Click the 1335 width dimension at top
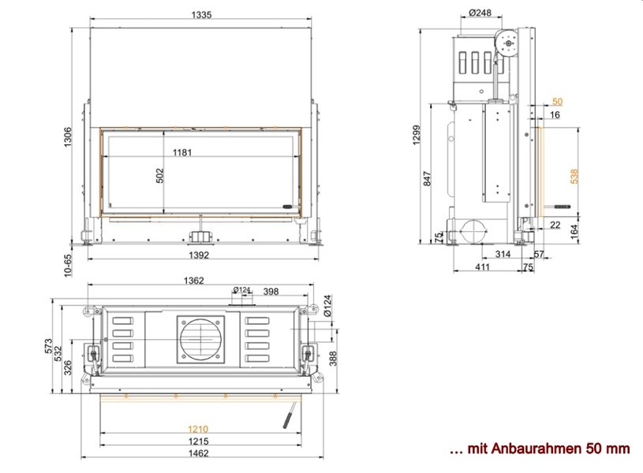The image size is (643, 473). click(x=201, y=15)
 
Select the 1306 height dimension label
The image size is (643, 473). click(x=68, y=137)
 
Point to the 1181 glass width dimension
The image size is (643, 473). click(x=182, y=152)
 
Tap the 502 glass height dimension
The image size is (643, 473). click(x=159, y=176)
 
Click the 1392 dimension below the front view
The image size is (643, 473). click(x=199, y=255)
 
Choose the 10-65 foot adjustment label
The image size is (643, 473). click(x=68, y=266)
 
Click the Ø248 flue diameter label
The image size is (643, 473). click(x=480, y=13)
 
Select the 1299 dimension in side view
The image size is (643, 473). click(x=417, y=135)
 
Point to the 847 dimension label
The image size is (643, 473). click(x=428, y=179)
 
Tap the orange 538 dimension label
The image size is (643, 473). click(x=574, y=177)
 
